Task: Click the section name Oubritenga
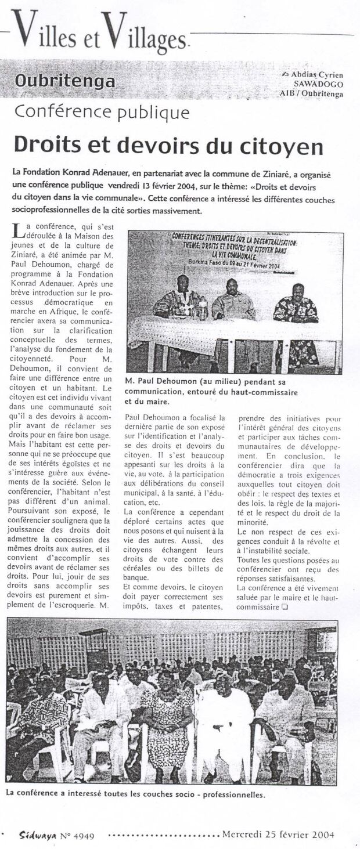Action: tap(65, 81)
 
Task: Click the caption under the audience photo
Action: tap(135, 794)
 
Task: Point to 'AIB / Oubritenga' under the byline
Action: tap(311, 93)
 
